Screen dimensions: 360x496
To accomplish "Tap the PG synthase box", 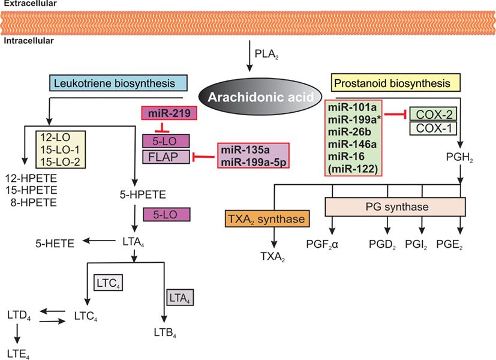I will point(395,207).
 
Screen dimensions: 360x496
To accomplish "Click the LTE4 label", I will point(17,353).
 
